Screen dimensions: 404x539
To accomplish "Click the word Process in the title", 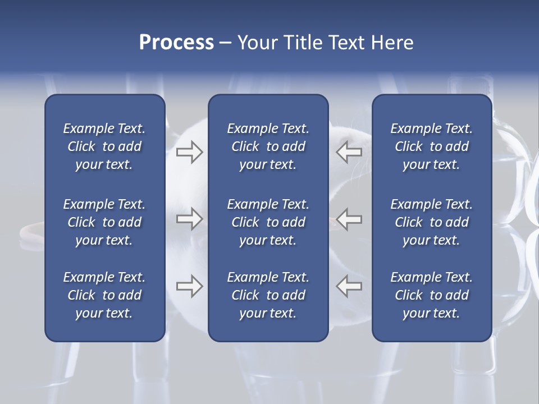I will pyautogui.click(x=176, y=43).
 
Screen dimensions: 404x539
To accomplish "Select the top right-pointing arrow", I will pyautogui.click(x=189, y=151).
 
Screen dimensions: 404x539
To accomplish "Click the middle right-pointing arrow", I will pyautogui.click(x=189, y=219).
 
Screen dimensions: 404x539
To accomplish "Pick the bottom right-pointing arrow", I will pyautogui.click(x=189, y=286).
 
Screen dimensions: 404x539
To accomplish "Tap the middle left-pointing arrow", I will pyautogui.click(x=349, y=219).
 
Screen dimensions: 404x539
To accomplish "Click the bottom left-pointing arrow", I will pyautogui.click(x=349, y=286).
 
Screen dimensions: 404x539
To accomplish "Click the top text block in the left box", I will pyautogui.click(x=104, y=146).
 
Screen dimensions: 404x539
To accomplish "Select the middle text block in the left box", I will pyautogui.click(x=104, y=222).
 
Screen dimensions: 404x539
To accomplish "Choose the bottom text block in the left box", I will pyautogui.click(x=104, y=295).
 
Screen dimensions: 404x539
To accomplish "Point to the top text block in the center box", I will pyautogui.click(x=268, y=146).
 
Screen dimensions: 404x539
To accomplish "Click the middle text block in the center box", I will pyautogui.click(x=268, y=222).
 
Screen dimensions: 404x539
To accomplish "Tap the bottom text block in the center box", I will pyautogui.click(x=268, y=295).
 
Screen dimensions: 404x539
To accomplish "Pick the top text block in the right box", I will pyautogui.click(x=431, y=146).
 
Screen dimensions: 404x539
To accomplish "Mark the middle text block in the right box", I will pyautogui.click(x=431, y=222).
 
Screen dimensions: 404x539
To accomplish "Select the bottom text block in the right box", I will pyautogui.click(x=431, y=295).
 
